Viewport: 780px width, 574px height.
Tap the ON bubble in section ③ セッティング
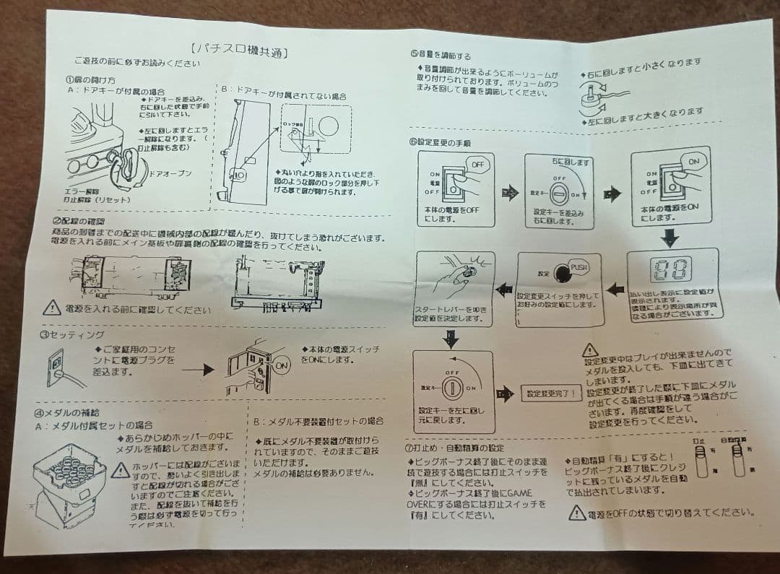coord(282,367)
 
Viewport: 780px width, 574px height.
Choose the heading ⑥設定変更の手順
coord(440,142)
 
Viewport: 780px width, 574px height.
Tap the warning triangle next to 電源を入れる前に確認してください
coord(51,308)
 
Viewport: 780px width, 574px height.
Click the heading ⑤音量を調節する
coord(440,55)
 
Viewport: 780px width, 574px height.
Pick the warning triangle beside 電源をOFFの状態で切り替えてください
coord(576,513)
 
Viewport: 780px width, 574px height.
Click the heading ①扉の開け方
coord(90,79)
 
